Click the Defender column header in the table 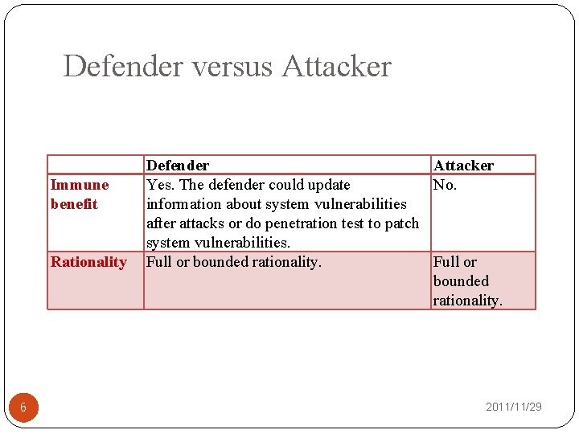click(x=178, y=166)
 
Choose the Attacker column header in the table click(x=463, y=166)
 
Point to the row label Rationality click(x=88, y=262)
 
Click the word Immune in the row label click(x=80, y=185)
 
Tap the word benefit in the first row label click(x=74, y=204)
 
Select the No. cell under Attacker click(x=445, y=185)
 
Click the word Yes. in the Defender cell click(x=159, y=185)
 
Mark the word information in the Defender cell click(x=183, y=204)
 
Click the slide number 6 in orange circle click(x=23, y=407)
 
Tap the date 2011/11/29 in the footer click(x=513, y=407)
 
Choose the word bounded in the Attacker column click(x=461, y=281)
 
